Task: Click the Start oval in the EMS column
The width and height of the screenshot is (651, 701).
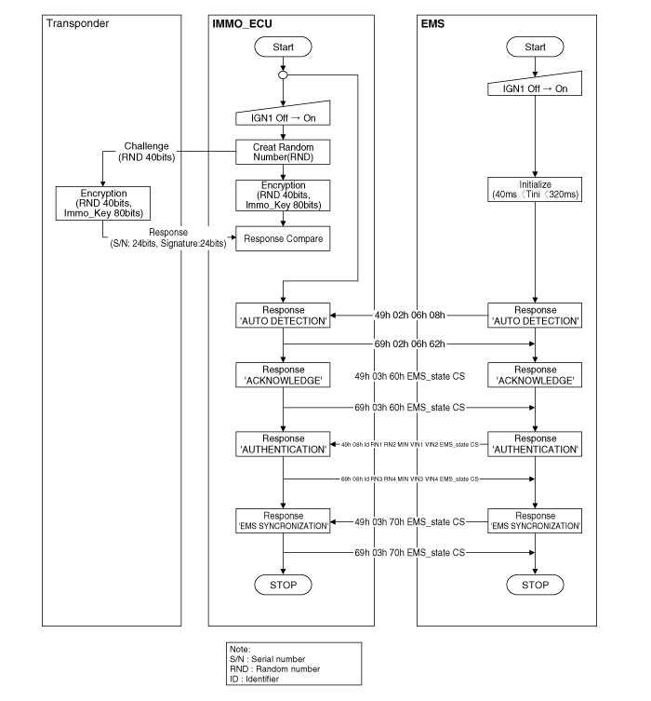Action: (x=535, y=47)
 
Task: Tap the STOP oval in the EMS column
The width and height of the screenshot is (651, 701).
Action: (x=535, y=585)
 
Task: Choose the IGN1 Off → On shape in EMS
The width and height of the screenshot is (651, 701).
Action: (x=535, y=85)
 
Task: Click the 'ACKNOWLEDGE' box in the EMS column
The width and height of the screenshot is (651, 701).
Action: (x=535, y=375)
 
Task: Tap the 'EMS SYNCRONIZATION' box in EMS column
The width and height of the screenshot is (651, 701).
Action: (x=535, y=520)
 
